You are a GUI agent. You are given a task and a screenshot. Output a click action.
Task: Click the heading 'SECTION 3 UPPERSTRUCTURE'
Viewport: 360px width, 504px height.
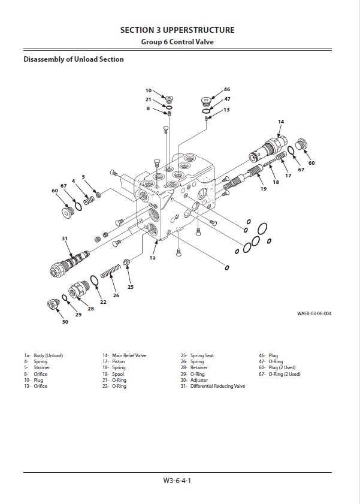pyautogui.click(x=177, y=30)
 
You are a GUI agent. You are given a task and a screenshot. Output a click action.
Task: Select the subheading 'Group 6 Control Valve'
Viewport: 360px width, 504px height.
pyautogui.click(x=177, y=42)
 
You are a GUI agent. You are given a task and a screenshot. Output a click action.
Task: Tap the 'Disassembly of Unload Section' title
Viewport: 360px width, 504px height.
pyautogui.click(x=74, y=59)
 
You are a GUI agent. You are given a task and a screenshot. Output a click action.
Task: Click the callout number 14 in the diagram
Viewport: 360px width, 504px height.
pyautogui.click(x=281, y=122)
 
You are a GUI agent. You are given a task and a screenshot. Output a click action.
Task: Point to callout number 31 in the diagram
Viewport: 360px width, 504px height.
pyautogui.click(x=65, y=239)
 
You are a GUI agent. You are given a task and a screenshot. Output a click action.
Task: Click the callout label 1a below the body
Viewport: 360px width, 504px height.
pyautogui.click(x=153, y=258)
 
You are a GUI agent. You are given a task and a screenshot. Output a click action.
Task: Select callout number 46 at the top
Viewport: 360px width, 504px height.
pyautogui.click(x=227, y=89)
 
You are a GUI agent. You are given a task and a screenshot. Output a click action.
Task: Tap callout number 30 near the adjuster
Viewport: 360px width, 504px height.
pyautogui.click(x=65, y=322)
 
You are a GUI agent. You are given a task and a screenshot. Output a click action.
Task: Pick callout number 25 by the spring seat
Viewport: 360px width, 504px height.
pyautogui.click(x=131, y=287)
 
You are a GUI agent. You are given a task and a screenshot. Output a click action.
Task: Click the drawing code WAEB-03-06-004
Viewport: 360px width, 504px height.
pyautogui.click(x=314, y=313)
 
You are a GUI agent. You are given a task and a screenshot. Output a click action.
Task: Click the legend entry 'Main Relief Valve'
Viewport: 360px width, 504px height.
pyautogui.click(x=129, y=355)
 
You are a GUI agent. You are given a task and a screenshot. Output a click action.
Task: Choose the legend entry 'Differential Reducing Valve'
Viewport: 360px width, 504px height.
pyautogui.click(x=217, y=386)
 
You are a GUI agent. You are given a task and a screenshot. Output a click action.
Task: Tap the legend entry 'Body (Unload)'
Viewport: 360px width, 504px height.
pyautogui.click(x=48, y=355)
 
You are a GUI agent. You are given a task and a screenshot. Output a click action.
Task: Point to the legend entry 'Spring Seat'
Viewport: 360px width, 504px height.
pyautogui.click(x=202, y=355)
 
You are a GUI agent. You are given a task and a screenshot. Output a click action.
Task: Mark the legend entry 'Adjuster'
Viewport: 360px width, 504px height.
pyautogui.click(x=199, y=380)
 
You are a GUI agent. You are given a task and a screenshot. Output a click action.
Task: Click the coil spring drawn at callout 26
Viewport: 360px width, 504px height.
pyautogui.click(x=111, y=273)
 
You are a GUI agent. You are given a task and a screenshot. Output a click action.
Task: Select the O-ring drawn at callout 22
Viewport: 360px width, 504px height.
pyautogui.click(x=95, y=281)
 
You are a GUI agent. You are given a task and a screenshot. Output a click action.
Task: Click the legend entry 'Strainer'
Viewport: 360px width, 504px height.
pyautogui.click(x=42, y=367)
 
